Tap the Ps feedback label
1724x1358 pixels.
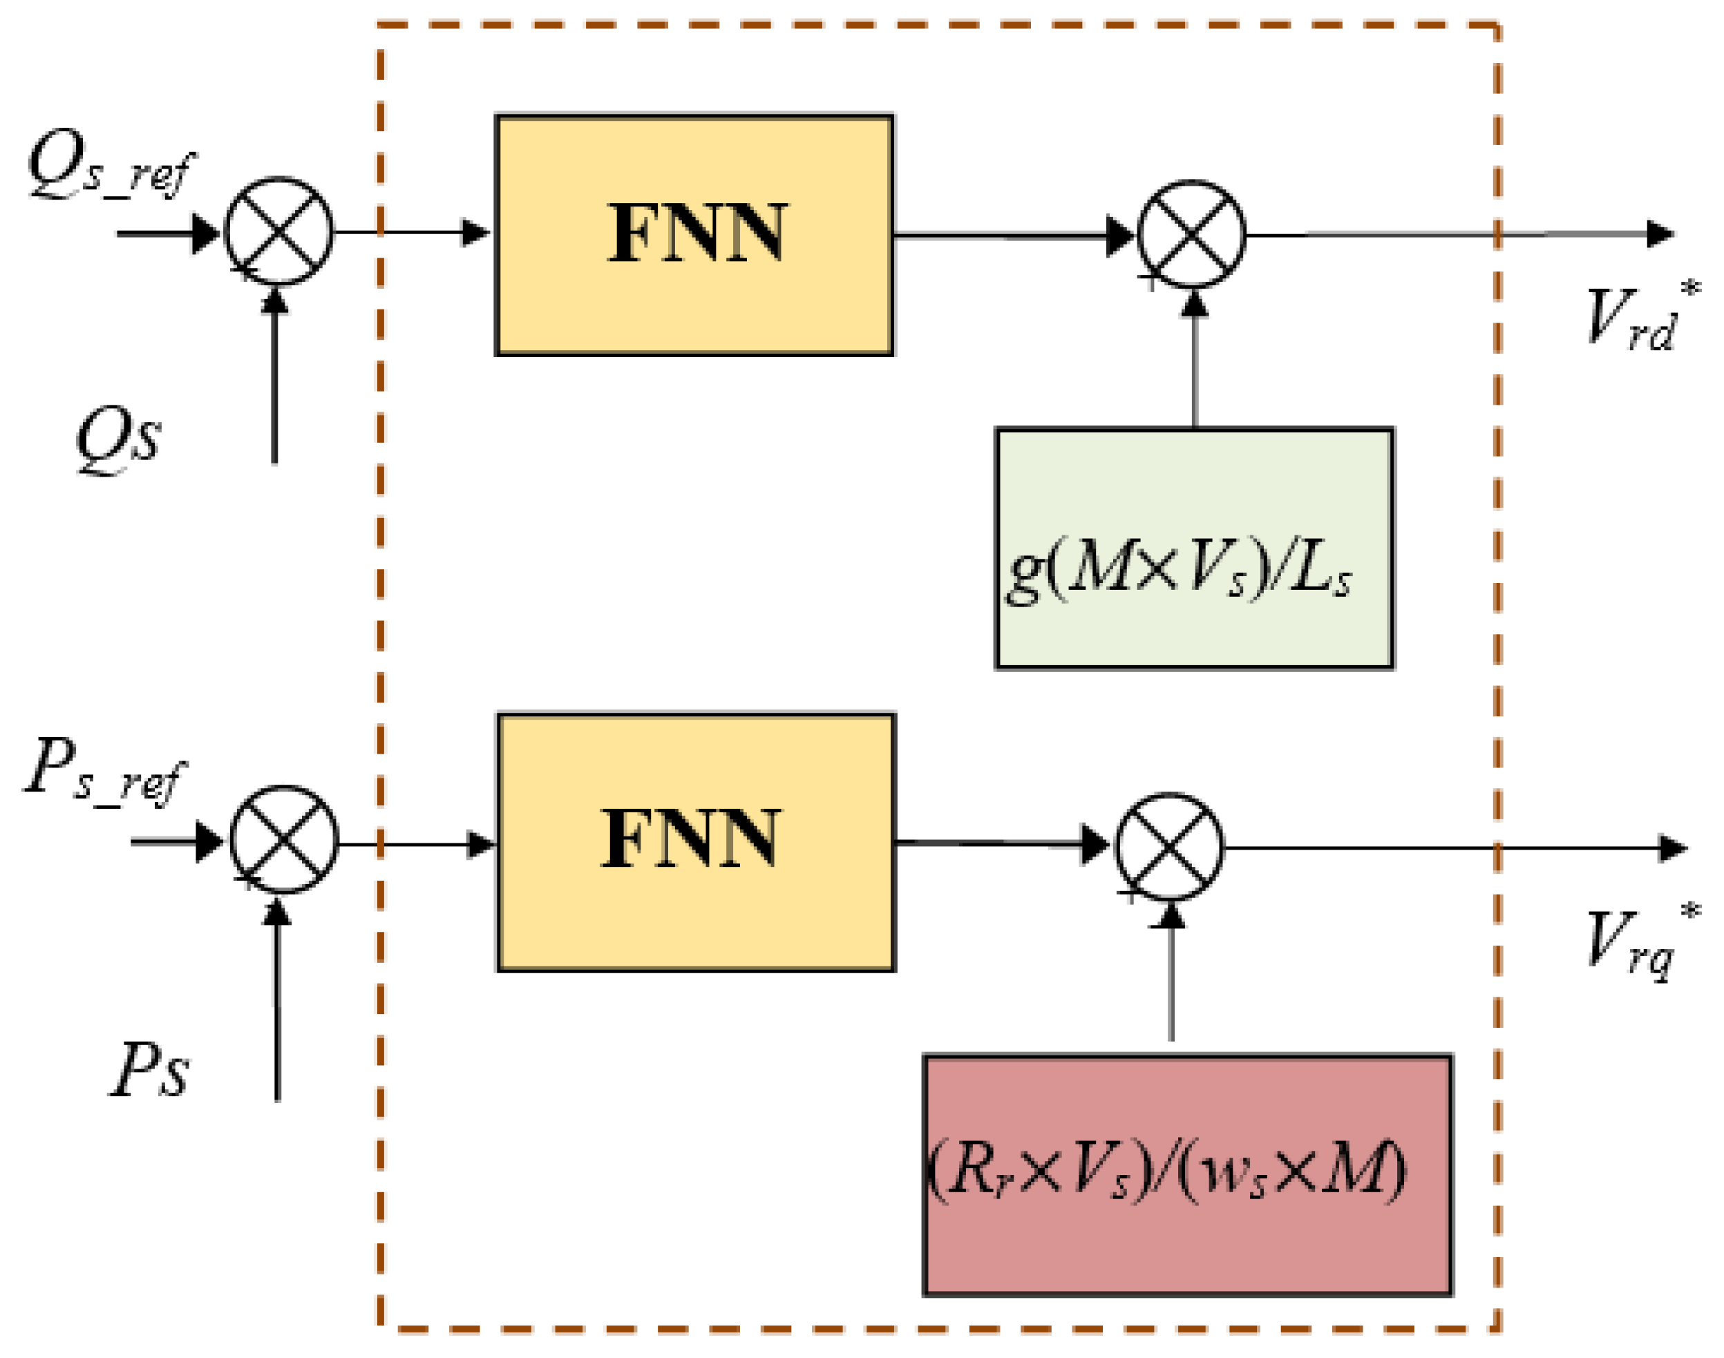point(149,1070)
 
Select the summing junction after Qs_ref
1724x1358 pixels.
point(279,231)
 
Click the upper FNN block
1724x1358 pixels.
point(694,235)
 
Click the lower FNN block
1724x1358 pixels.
point(696,842)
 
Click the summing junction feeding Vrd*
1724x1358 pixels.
point(1191,233)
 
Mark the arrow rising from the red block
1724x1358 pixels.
point(1171,978)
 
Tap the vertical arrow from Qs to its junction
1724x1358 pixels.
point(274,374)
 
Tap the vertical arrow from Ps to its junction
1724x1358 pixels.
point(278,1002)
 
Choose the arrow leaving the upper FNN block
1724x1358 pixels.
point(1010,236)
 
